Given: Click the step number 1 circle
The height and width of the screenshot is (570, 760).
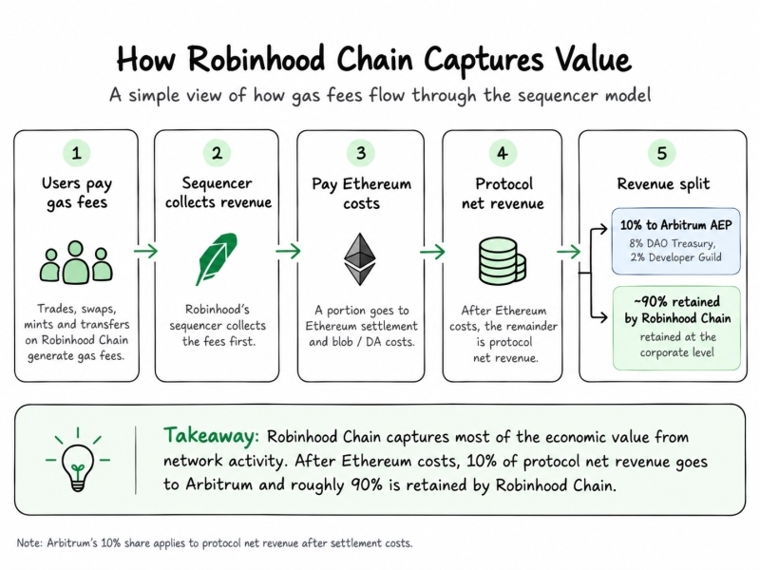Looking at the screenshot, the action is pos(77,153).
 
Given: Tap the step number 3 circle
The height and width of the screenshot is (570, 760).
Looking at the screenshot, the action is pos(361,153).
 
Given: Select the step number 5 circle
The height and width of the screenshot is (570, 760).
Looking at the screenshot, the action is pos(661,153).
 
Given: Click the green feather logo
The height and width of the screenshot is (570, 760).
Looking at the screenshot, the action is pos(217,258).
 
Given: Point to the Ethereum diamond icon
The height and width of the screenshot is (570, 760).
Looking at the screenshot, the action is pos(360,259).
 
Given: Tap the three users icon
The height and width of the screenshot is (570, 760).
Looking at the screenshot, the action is pos(76,262).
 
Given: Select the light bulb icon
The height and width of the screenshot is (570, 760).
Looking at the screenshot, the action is pos(78,461).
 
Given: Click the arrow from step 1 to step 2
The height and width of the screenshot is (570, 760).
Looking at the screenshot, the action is pos(146,251).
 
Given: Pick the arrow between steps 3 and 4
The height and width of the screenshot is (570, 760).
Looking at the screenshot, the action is pos(432,252).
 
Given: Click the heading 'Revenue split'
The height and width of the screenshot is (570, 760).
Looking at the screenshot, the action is pos(663,184).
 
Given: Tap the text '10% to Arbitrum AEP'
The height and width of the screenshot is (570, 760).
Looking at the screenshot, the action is pos(675,225).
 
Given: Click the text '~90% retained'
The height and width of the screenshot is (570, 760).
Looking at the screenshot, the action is pos(677,301).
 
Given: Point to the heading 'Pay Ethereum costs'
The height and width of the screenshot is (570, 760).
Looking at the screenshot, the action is pos(362,194).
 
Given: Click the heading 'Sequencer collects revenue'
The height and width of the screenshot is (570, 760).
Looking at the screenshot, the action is pos(218,193).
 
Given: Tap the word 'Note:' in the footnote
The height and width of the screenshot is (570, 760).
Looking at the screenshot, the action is pos(29,542).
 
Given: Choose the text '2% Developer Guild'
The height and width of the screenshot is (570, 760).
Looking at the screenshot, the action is pos(675,257).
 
